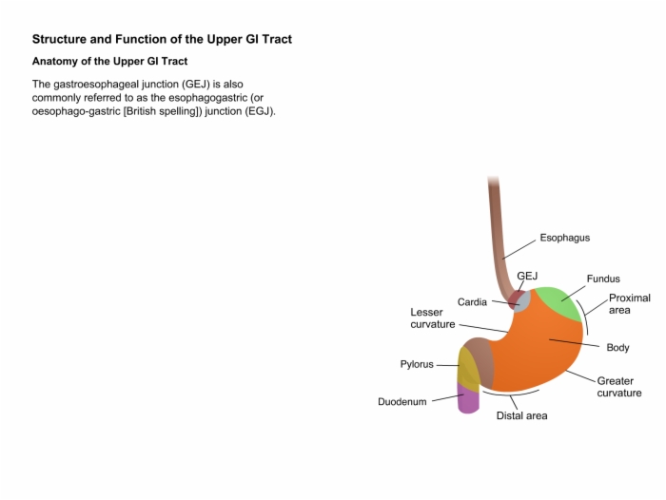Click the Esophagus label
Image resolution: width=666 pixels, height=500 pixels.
click(x=564, y=238)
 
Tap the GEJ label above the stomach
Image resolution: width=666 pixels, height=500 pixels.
click(x=527, y=276)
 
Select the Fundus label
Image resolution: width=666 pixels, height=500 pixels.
click(x=603, y=279)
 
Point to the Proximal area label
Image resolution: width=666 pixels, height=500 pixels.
click(x=630, y=304)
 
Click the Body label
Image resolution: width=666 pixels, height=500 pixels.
click(x=617, y=348)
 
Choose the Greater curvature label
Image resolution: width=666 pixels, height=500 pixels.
click(x=619, y=387)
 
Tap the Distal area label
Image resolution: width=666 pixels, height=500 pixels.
click(x=521, y=415)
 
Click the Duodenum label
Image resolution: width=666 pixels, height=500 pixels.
click(x=402, y=401)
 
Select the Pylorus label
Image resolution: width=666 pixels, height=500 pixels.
click(x=417, y=364)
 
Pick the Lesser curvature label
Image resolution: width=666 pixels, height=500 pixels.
click(x=432, y=318)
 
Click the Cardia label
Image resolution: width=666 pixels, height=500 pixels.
click(x=472, y=301)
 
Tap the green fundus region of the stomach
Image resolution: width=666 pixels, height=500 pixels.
click(x=558, y=302)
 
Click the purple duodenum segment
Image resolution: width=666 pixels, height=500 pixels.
click(x=468, y=399)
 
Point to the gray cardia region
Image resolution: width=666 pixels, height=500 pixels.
click(x=523, y=302)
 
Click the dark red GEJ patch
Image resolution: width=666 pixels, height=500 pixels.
click(x=514, y=299)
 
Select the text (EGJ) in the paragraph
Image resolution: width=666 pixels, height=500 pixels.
click(x=262, y=111)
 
